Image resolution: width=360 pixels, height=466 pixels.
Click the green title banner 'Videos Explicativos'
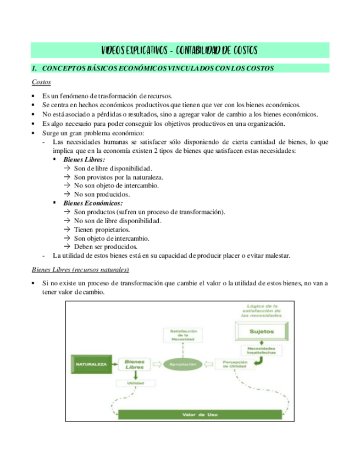pyautogui.click(x=179, y=51)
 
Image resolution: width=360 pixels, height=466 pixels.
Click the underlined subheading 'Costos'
pyautogui.click(x=41, y=82)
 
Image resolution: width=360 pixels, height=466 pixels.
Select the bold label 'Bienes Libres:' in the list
pyautogui.click(x=84, y=159)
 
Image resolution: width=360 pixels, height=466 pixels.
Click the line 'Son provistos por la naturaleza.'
pyautogui.click(x=119, y=177)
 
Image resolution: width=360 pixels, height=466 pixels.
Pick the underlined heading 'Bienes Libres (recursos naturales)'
pyautogui.click(x=80, y=269)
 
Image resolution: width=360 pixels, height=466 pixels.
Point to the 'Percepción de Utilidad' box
pyautogui.click(x=235, y=364)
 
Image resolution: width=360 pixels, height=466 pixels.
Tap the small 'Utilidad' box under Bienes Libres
pyautogui.click(x=135, y=383)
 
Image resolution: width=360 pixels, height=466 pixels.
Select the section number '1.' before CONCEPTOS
pyautogui.click(x=34, y=69)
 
